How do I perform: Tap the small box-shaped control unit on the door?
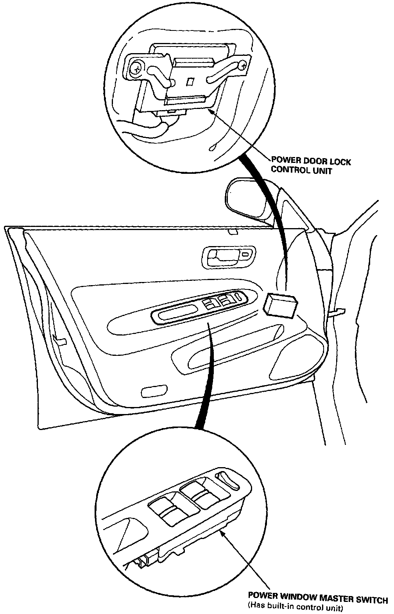[280, 303]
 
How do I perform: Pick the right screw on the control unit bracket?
[244, 66]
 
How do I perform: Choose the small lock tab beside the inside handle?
[246, 255]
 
